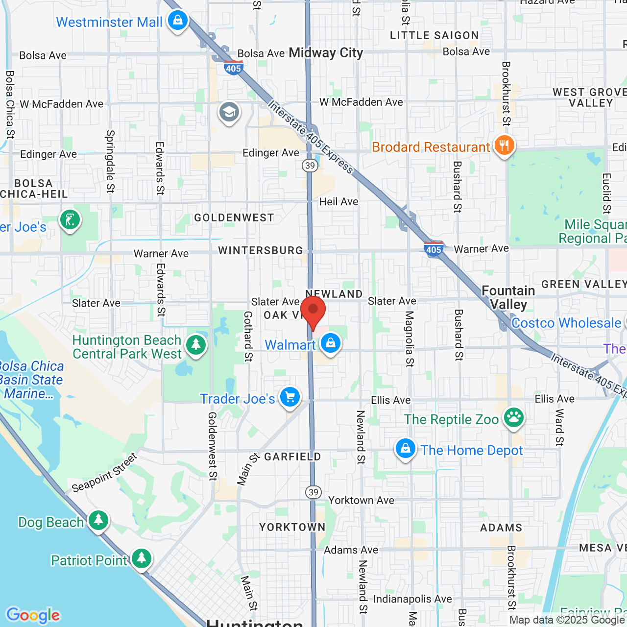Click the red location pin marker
click(x=313, y=312)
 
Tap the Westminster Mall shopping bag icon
click(x=177, y=21)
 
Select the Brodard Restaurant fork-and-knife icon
click(x=504, y=146)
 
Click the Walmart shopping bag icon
click(x=331, y=344)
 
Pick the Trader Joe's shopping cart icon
click(x=290, y=397)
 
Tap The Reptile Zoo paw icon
click(x=513, y=418)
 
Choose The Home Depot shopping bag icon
click(x=406, y=449)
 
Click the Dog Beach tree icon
click(x=98, y=521)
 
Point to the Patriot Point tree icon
click(x=142, y=558)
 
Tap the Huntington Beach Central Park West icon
click(x=196, y=345)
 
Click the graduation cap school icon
click(x=229, y=113)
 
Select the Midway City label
click(x=326, y=53)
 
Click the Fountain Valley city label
click(x=508, y=297)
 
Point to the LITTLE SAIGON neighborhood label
click(x=434, y=35)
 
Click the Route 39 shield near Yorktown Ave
click(x=313, y=492)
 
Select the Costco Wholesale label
click(x=566, y=323)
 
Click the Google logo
click(x=33, y=615)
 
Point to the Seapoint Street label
click(x=104, y=473)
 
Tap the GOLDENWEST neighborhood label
click(x=234, y=218)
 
